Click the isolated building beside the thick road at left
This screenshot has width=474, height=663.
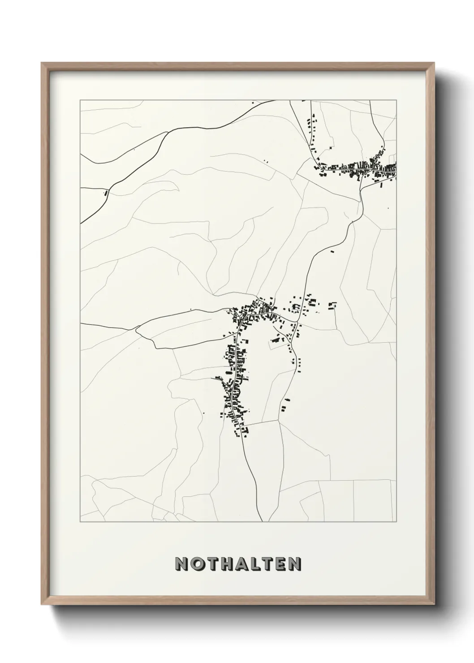(106, 194)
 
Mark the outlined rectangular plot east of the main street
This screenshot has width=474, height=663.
(277, 344)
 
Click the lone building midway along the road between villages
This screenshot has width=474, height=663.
(332, 251)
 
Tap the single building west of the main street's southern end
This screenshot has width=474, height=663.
(204, 412)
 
